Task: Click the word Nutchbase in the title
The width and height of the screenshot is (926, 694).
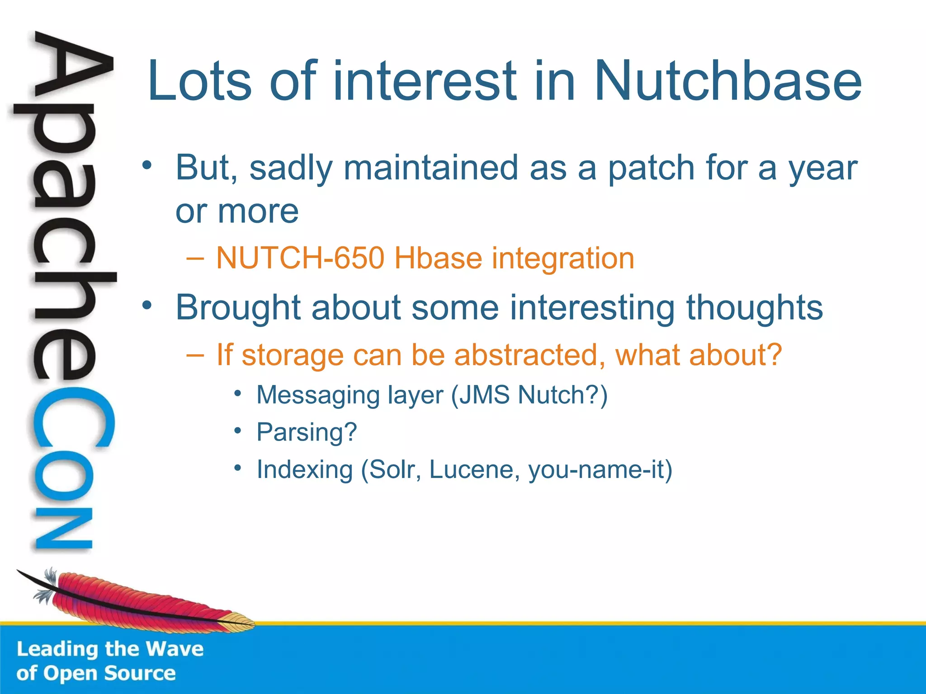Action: tap(728, 81)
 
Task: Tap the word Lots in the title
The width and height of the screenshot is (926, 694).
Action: tap(199, 81)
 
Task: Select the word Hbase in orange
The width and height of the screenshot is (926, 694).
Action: tap(438, 258)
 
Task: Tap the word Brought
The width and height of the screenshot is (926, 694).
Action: tap(238, 308)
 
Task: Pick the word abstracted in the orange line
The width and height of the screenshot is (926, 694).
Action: tap(529, 355)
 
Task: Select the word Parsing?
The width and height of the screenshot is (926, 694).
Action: tap(307, 432)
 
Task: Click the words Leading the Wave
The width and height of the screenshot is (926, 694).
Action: tap(110, 649)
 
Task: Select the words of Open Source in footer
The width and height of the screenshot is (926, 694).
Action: tap(96, 674)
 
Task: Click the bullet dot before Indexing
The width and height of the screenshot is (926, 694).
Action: tap(238, 468)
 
